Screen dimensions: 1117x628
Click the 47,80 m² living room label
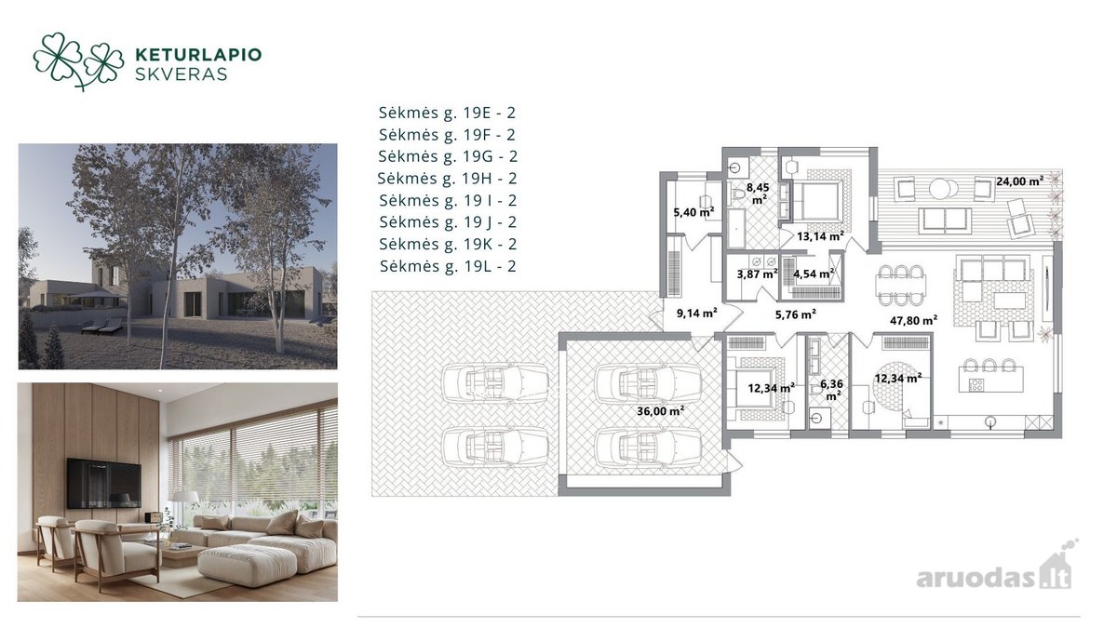(x=913, y=320)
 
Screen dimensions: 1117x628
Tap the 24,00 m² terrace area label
(x=1020, y=181)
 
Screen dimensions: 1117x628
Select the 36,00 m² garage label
(x=660, y=411)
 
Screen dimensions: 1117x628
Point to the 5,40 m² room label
(x=693, y=212)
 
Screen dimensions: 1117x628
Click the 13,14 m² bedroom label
(x=820, y=236)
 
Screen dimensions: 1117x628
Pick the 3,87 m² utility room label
(x=757, y=274)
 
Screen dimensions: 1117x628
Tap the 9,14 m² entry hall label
(x=696, y=314)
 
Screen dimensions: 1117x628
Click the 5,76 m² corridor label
(x=795, y=315)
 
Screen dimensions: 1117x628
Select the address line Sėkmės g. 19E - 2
(x=447, y=114)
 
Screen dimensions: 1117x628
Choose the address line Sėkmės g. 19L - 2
(x=448, y=267)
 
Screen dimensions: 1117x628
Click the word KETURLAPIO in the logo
(x=198, y=55)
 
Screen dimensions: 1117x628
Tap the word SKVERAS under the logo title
(x=182, y=74)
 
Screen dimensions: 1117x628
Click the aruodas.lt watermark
(x=996, y=573)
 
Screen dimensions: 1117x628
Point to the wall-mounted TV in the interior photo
(x=103, y=484)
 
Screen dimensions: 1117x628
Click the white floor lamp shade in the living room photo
(x=185, y=496)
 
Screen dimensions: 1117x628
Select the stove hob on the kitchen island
(x=976, y=384)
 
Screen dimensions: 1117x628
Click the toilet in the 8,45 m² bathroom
(x=736, y=194)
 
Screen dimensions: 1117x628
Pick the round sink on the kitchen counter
(x=990, y=422)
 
